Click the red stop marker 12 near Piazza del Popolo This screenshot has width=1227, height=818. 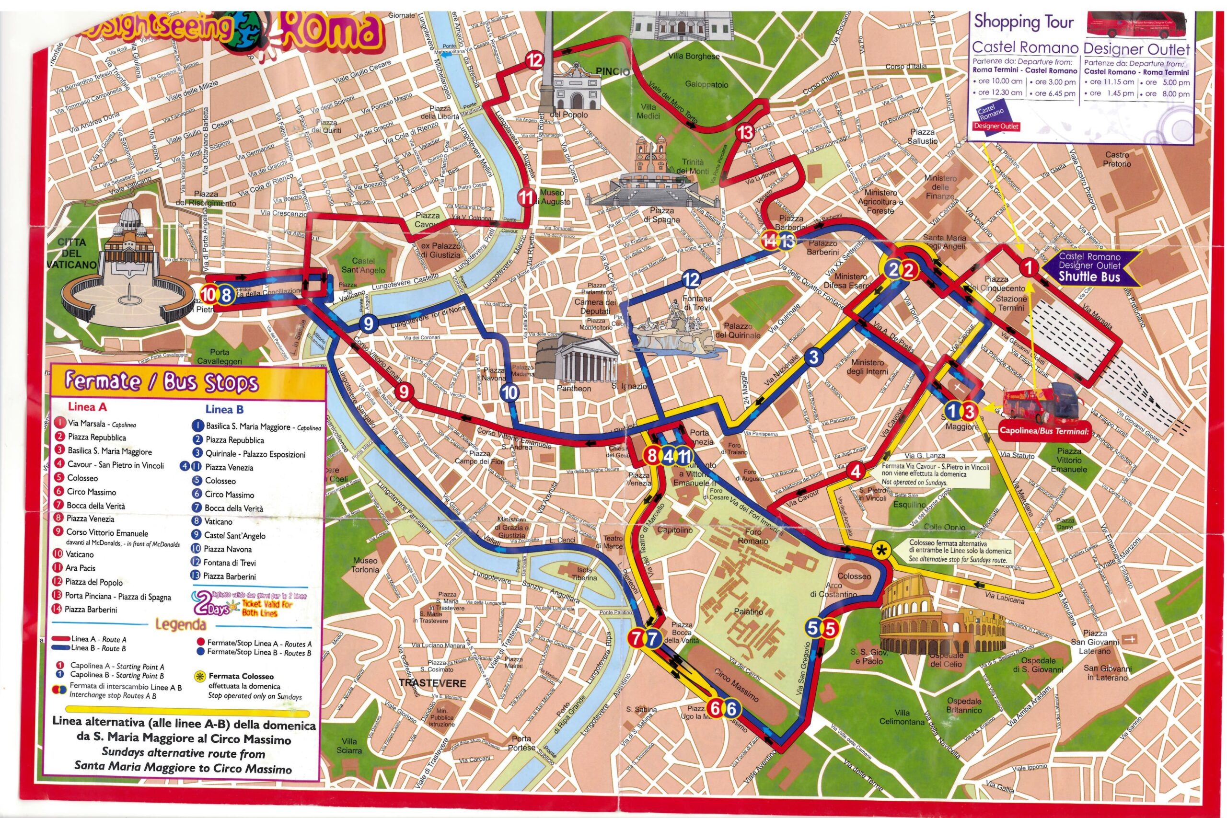(534, 60)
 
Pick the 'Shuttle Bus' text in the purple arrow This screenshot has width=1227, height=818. (1089, 277)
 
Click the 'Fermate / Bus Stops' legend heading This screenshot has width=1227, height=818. (161, 382)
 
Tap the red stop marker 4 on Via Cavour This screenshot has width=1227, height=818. (855, 471)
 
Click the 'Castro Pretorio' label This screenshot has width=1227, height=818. (1117, 159)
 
